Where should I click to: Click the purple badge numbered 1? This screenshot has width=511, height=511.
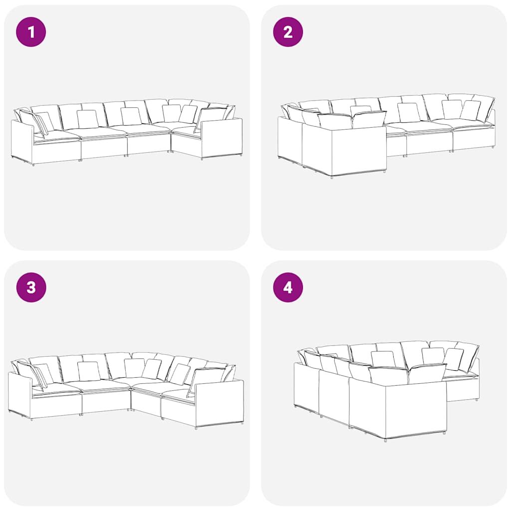[x=31, y=32]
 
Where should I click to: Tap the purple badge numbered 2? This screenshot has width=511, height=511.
[x=288, y=32]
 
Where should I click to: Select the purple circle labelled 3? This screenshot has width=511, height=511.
[x=31, y=287]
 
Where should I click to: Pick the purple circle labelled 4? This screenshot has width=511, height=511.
[x=288, y=287]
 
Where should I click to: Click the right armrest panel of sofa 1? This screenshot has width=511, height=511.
[x=222, y=138]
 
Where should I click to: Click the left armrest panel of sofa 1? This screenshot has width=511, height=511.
[x=22, y=142]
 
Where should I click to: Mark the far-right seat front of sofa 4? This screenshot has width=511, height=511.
[x=463, y=389]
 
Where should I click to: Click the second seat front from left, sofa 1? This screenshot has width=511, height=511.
[x=104, y=149]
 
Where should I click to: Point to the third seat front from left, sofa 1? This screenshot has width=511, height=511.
[x=149, y=145]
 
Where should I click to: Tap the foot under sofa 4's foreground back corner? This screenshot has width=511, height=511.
[x=386, y=440]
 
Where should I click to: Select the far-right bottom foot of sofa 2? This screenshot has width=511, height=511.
[x=492, y=147]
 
